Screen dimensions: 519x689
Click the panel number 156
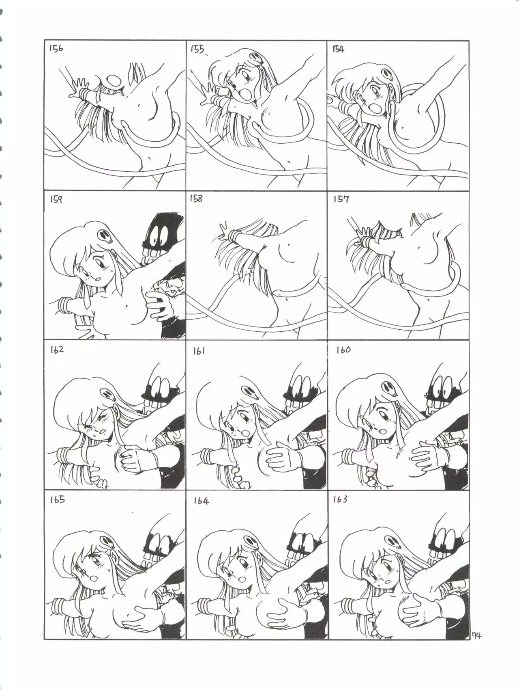click(x=56, y=49)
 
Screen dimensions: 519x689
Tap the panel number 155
click(x=197, y=50)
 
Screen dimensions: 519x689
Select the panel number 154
click(x=338, y=49)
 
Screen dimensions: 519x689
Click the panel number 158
click(x=196, y=199)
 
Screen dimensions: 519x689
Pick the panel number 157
click(x=341, y=199)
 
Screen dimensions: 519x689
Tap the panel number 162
click(x=57, y=350)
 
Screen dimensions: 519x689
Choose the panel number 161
click(x=199, y=350)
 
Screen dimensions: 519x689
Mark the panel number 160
click(x=343, y=350)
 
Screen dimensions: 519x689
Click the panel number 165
click(x=57, y=499)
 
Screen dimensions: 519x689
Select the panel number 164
click(x=201, y=501)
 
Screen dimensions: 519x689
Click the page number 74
click(x=476, y=647)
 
